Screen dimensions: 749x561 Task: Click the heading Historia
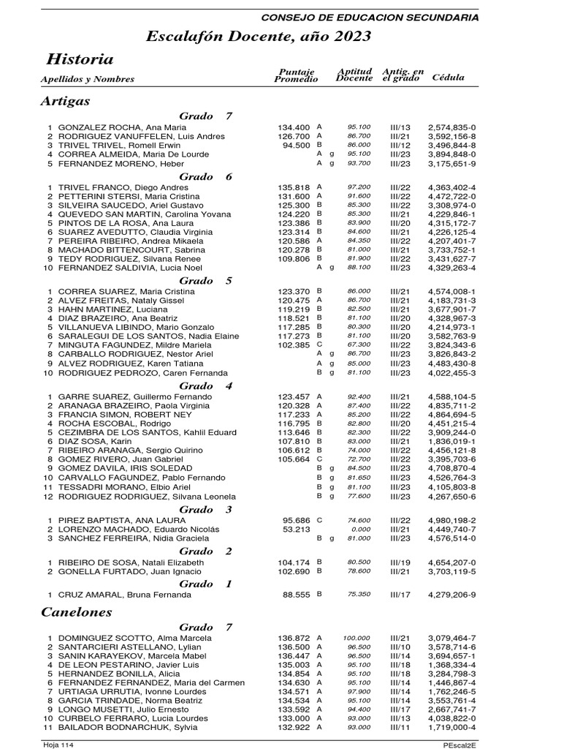(80, 59)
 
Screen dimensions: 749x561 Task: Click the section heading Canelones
(77, 611)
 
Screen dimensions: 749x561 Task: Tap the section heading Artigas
(66, 101)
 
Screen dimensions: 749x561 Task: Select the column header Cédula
(449, 77)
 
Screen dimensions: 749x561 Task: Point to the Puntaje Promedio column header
(296, 75)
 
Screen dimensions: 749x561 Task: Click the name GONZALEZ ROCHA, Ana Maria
(122, 127)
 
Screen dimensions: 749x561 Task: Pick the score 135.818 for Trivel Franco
(294, 187)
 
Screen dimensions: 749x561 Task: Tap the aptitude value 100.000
(358, 638)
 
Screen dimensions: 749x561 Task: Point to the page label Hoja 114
(58, 744)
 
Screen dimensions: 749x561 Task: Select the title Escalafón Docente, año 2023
(259, 37)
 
